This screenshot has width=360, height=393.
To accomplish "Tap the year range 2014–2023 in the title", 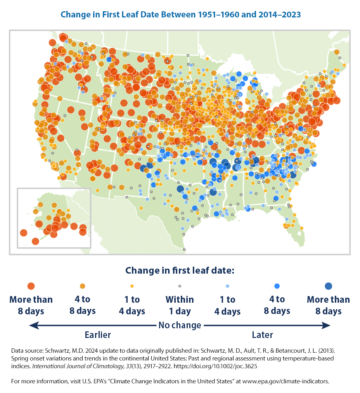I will pyautogui.click(x=277, y=15).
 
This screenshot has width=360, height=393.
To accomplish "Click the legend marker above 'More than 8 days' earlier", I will pyautogui.click(x=31, y=286).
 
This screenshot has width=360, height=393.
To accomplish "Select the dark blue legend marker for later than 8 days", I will pyautogui.click(x=328, y=286).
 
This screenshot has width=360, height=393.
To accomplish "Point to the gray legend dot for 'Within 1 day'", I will pyautogui.click(x=180, y=286).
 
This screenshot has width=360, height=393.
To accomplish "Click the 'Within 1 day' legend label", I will pyautogui.click(x=180, y=305).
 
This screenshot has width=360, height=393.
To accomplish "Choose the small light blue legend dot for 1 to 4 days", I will pyautogui.click(x=227, y=286).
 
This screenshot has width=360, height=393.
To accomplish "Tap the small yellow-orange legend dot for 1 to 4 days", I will pyautogui.click(x=132, y=286).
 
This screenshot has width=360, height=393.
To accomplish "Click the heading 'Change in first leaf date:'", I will pyautogui.click(x=180, y=270).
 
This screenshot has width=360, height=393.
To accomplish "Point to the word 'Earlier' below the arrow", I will pyautogui.click(x=98, y=335).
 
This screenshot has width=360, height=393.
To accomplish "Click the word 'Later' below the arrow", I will pyautogui.click(x=262, y=335).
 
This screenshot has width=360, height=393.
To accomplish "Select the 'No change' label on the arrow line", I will pyautogui.click(x=180, y=325).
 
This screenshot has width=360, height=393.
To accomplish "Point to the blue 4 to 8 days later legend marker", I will pyautogui.click(x=277, y=286).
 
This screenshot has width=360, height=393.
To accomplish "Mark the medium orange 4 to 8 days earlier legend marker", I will pyautogui.click(x=82, y=286).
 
